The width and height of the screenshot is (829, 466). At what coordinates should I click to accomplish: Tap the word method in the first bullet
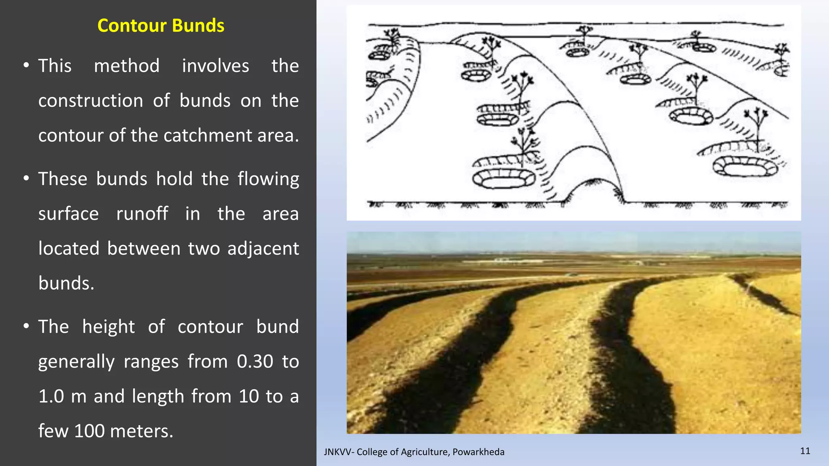pos(127,66)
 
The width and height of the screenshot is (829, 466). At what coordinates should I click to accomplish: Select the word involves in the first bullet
pos(215,66)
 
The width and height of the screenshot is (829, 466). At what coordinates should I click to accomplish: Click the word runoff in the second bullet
pos(142,214)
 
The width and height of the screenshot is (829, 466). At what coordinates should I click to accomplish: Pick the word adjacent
pos(263,249)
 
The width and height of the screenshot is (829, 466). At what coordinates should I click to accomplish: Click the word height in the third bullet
pos(108,327)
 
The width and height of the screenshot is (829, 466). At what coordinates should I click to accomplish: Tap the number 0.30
pos(255,362)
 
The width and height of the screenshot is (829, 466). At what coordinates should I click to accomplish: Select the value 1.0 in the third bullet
pos(51,396)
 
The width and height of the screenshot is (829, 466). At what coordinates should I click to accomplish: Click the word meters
pos(141,431)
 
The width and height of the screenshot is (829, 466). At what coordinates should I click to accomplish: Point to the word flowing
pos(268,179)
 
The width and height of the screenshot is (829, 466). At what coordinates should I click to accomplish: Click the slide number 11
pos(805,451)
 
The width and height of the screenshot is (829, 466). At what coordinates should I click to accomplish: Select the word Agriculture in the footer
pos(425,452)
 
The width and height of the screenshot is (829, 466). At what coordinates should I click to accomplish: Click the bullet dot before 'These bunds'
pos(26,178)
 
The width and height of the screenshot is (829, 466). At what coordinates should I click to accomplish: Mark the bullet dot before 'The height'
pos(26,326)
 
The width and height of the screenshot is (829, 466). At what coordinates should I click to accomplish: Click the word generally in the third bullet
pos(77,362)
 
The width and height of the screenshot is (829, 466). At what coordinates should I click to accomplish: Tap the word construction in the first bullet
pos(91,101)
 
